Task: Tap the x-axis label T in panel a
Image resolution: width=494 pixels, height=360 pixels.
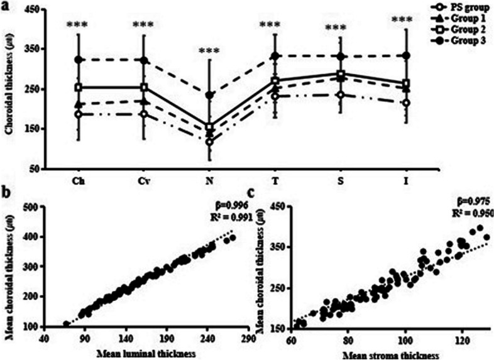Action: point(275,180)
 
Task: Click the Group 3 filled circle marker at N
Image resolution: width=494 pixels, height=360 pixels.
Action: point(209,95)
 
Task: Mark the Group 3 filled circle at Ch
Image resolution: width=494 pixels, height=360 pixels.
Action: point(79,60)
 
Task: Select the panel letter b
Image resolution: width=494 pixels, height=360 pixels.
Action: point(6,194)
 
